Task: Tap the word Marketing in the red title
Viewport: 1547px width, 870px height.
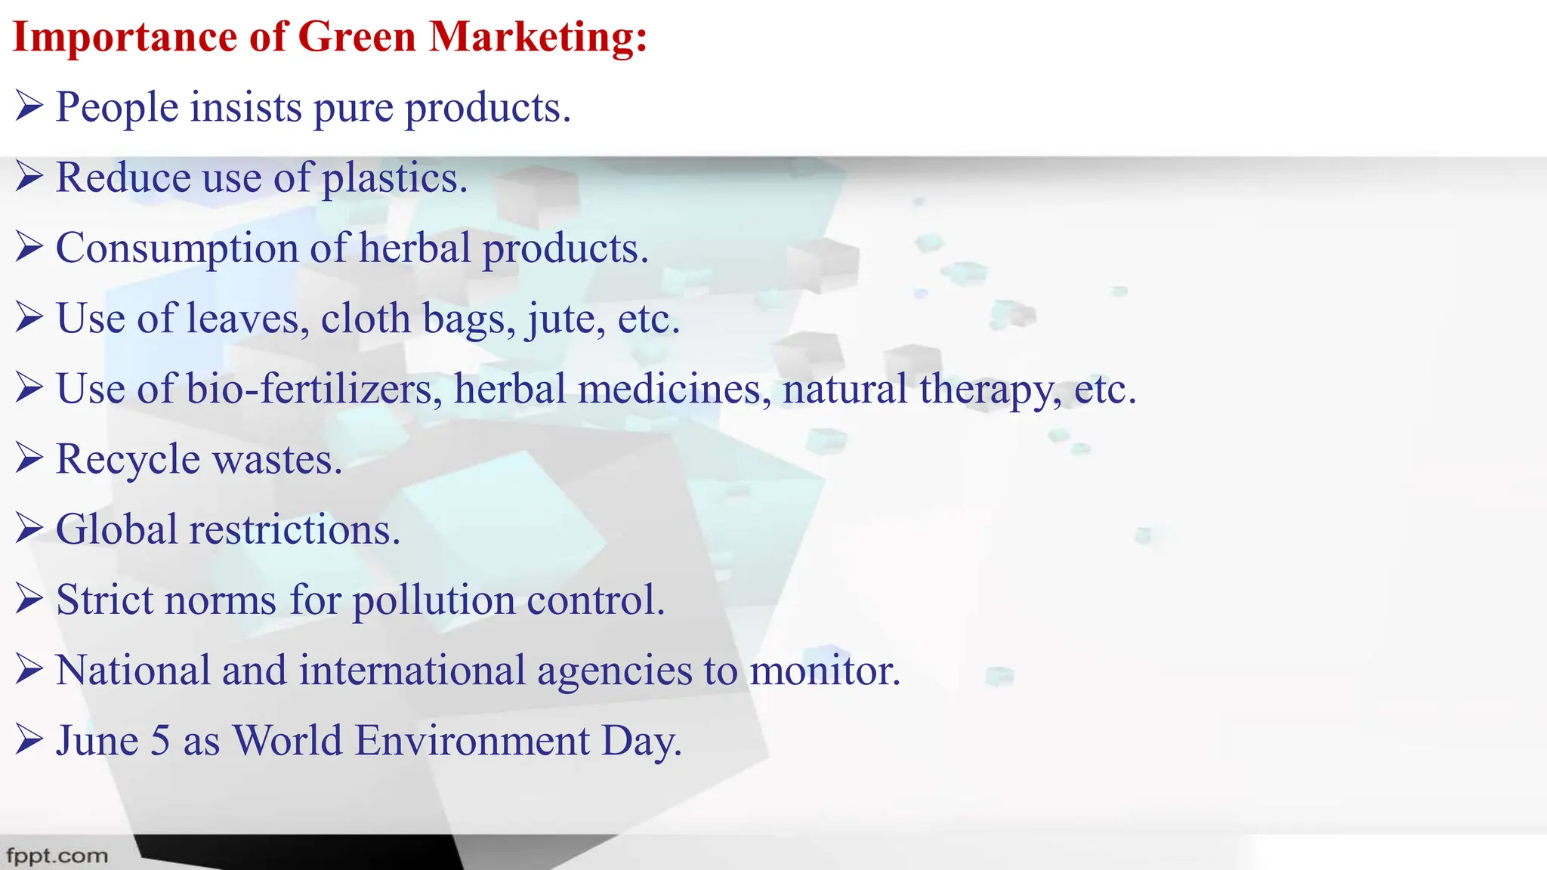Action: coord(537,36)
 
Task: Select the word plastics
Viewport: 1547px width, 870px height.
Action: coord(394,178)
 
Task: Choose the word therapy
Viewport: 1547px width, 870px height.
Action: coord(990,390)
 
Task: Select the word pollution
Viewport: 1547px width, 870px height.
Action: coord(434,600)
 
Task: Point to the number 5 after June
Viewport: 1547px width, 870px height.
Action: coord(160,741)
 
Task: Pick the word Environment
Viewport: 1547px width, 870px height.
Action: coord(472,741)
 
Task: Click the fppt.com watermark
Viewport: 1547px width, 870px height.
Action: coord(57,856)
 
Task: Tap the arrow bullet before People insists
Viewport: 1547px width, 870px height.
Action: coord(29,106)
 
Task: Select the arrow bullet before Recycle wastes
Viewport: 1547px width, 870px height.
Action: coord(29,458)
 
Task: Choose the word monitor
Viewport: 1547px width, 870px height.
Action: coord(824,671)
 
